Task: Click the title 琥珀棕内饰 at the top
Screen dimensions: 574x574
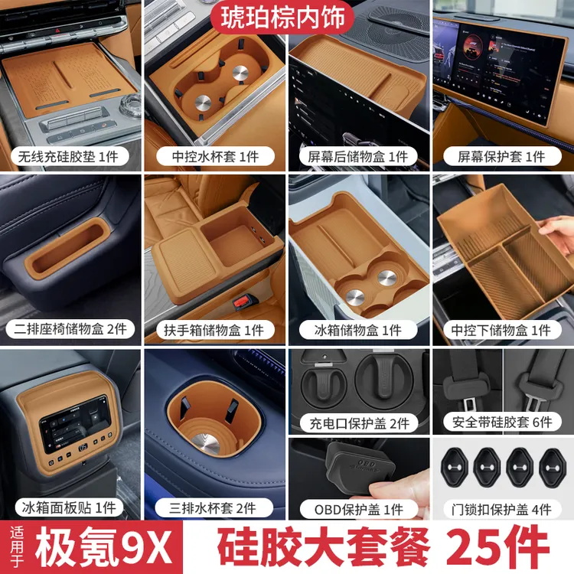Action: click(x=286, y=16)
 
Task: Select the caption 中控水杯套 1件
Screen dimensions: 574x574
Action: click(x=214, y=157)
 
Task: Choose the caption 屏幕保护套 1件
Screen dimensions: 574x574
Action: click(x=502, y=157)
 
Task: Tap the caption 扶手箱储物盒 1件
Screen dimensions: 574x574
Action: click(x=214, y=330)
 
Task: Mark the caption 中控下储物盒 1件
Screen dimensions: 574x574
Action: click(x=502, y=330)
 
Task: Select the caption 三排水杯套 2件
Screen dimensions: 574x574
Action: click(x=214, y=507)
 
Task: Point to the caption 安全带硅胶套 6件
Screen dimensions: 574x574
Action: click(x=502, y=422)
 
